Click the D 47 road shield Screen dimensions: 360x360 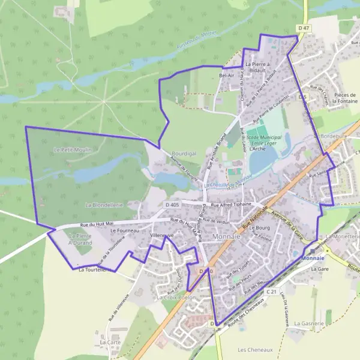pyautogui.click(x=304, y=28)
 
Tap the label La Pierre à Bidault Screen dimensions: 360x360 pyautogui.click(x=259, y=66)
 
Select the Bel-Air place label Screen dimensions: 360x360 pyautogui.click(x=227, y=76)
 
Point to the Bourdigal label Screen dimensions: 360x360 pyautogui.click(x=184, y=154)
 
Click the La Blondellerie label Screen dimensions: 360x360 pyautogui.click(x=104, y=205)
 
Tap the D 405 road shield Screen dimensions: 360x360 pyautogui.click(x=172, y=205)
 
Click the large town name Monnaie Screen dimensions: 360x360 pyautogui.click(x=227, y=237)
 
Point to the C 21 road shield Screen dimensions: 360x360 pyautogui.click(x=271, y=292)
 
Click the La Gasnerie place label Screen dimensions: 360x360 pyautogui.click(x=310, y=323)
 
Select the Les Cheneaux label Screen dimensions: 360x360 pyautogui.click(x=256, y=349)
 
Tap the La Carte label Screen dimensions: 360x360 pyautogui.click(x=110, y=342)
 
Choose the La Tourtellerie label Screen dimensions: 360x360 pyautogui.click(x=95, y=270)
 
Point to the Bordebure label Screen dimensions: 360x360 pyautogui.click(x=334, y=136)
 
